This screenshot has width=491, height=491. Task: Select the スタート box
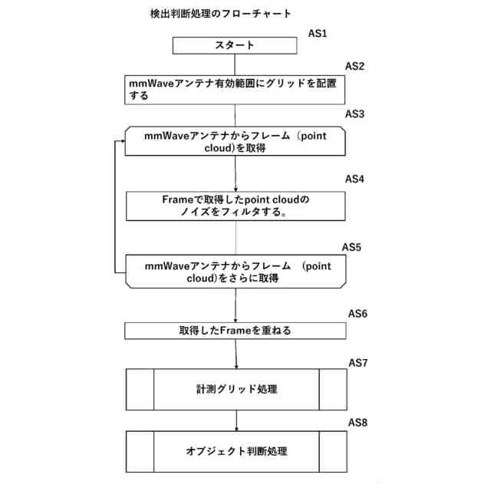tap(234, 46)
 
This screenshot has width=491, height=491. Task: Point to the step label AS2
tap(354, 66)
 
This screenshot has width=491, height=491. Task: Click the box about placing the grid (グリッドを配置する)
tap(234, 89)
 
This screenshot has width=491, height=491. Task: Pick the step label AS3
tap(354, 114)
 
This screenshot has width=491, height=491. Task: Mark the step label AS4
tap(354, 180)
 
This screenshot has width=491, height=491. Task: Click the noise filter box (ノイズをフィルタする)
tap(236, 206)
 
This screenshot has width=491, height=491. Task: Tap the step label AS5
tap(351, 249)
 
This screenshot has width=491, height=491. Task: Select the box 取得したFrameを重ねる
tap(236, 331)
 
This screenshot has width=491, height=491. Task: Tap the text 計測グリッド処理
tap(236, 389)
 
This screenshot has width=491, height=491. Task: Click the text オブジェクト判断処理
tap(236, 451)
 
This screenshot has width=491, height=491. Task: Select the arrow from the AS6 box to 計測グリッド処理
tap(236, 354)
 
